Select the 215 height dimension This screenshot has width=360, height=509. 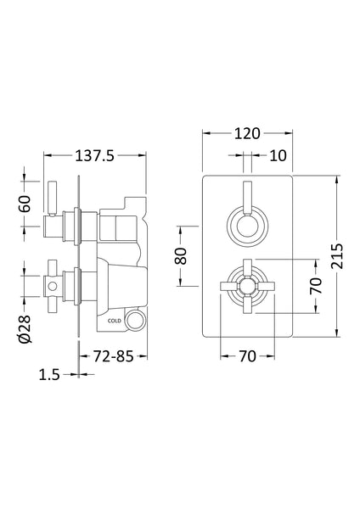340,255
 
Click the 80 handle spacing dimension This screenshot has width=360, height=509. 180,255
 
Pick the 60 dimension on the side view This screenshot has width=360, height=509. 25,204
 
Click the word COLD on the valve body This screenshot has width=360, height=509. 114,321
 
